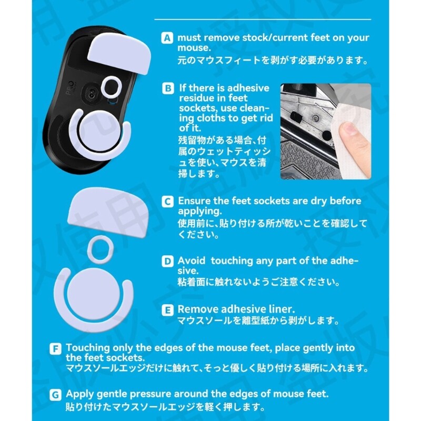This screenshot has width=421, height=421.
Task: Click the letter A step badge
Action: click(167, 38)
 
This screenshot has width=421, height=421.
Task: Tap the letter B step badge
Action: click(168, 88)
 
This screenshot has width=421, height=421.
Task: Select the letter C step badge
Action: click(167, 202)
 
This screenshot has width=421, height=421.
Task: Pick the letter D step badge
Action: click(167, 261)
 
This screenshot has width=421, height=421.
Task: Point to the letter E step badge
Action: click(167, 310)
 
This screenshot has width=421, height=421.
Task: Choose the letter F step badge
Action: click(55, 349)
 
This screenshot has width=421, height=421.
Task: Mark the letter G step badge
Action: click(55, 395)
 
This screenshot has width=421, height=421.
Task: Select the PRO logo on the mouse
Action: click(70, 89)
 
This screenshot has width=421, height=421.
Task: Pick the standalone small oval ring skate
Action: click(101, 249)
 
